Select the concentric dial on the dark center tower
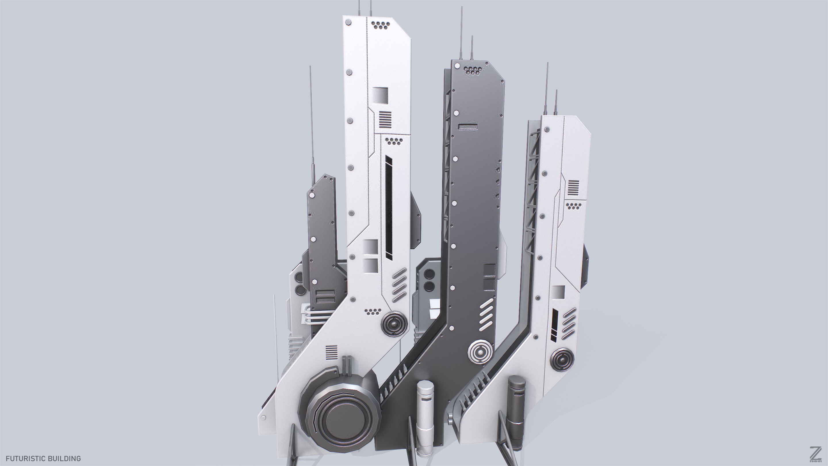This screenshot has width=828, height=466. tap(480, 352)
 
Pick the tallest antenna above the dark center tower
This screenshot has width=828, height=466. tap(461, 35)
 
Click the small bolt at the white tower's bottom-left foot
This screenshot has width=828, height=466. tap(264, 418)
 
